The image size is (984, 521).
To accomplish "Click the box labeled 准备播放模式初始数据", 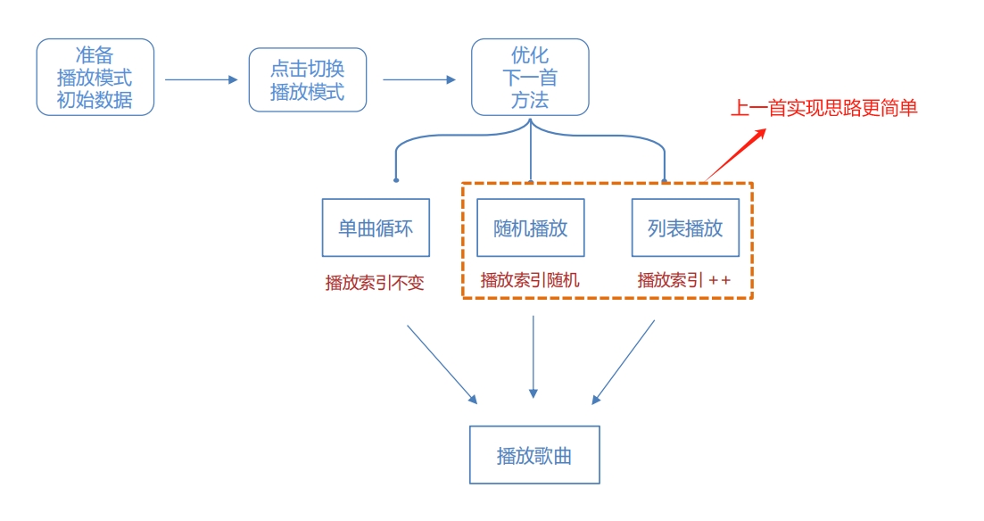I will (x=95, y=77).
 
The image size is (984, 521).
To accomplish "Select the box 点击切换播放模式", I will (x=308, y=79).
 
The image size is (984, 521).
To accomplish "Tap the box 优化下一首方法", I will (x=530, y=77).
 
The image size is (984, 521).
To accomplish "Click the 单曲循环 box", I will (x=375, y=227).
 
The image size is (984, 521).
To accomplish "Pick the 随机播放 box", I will (x=531, y=227).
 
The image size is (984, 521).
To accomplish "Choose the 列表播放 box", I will (x=685, y=227).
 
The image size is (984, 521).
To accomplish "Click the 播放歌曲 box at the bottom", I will (x=534, y=455).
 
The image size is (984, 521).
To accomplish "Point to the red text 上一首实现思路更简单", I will (x=823, y=109).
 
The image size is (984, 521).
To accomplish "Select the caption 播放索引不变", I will (x=375, y=283).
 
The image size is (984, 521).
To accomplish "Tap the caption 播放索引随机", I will (x=530, y=279).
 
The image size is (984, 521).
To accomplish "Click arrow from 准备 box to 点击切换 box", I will (x=202, y=79).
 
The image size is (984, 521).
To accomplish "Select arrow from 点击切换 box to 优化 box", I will (x=419, y=79).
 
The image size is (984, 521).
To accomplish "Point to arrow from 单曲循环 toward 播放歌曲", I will (x=442, y=363).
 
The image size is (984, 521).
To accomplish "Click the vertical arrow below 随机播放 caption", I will (x=533, y=357).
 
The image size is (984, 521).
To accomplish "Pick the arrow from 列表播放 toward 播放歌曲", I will (x=624, y=362).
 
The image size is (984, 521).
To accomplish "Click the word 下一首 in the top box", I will (x=530, y=78).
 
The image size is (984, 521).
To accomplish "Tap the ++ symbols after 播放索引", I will (x=719, y=280).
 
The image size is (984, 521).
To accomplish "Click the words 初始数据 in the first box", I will (x=95, y=99).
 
